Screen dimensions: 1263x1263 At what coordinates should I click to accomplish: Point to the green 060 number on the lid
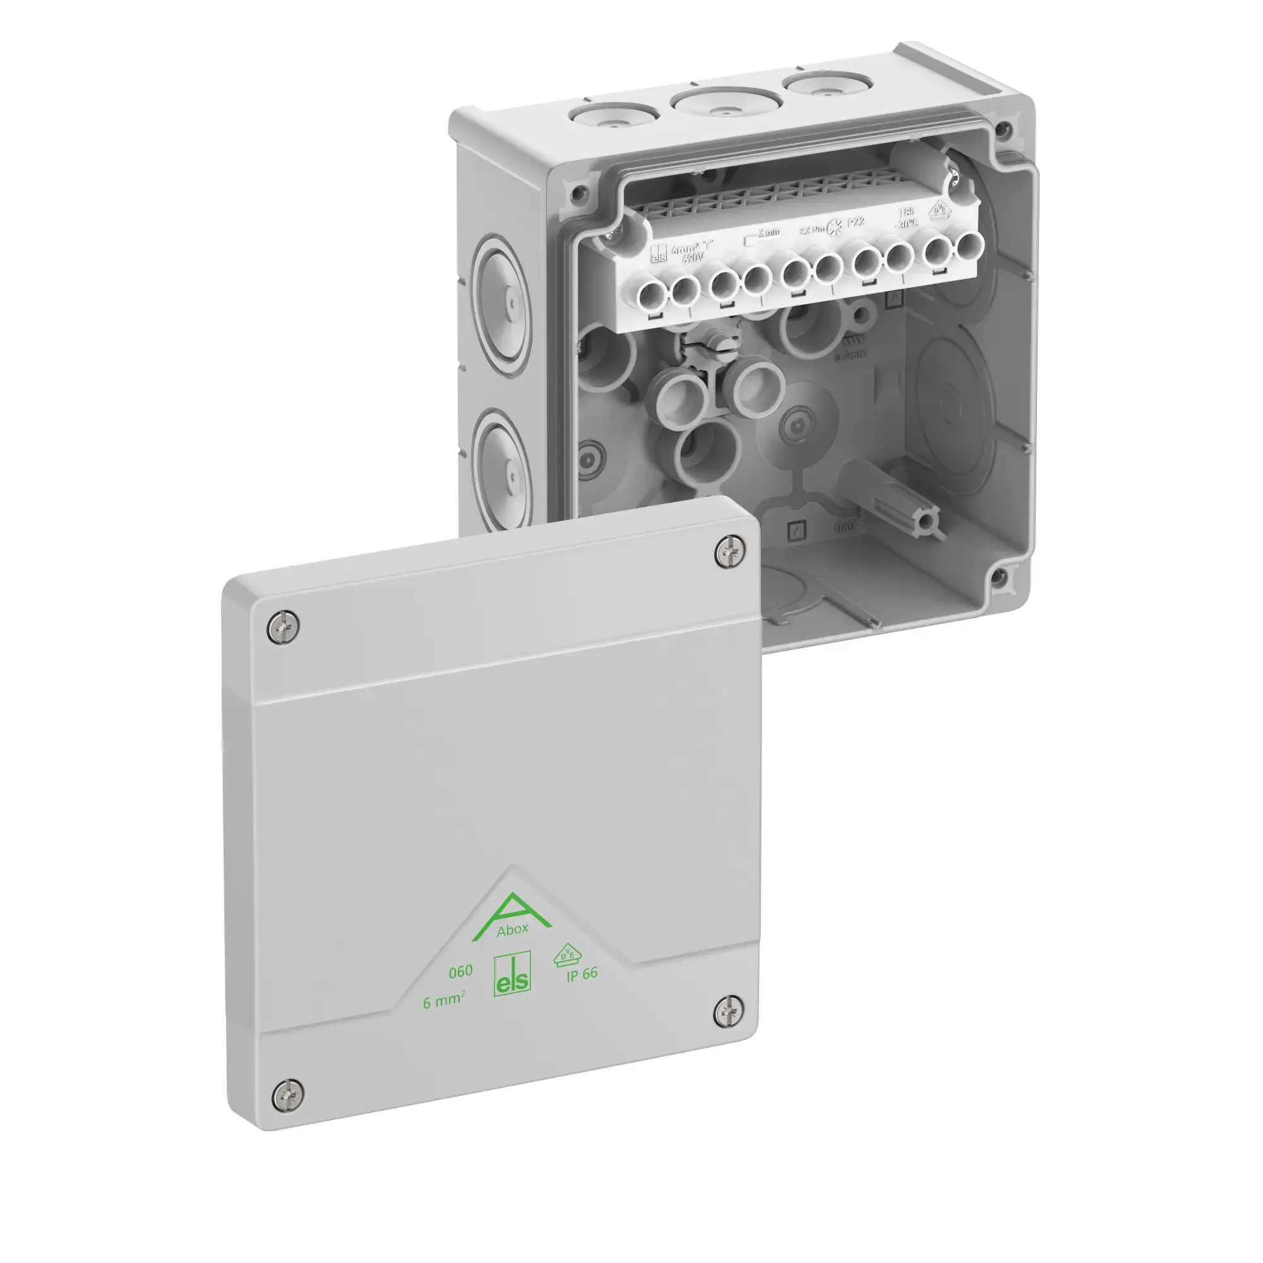point(460,971)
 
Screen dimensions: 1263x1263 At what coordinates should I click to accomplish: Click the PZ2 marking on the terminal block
point(856,223)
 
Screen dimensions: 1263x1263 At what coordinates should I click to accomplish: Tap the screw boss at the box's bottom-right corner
point(998,576)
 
